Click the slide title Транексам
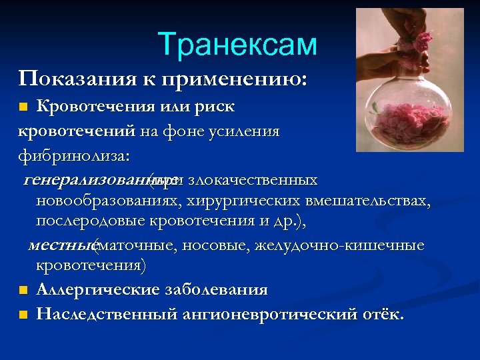(237, 45)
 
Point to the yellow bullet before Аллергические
(23, 290)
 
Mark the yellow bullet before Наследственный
(23, 314)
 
